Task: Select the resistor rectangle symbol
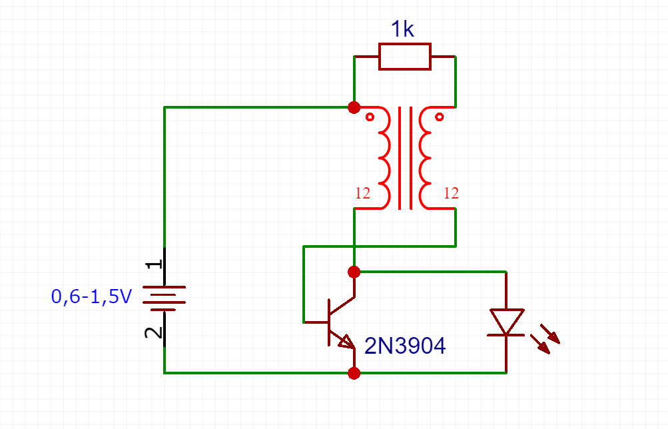pos(404,57)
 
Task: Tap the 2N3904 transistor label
pos(405,345)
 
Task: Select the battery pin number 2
pos(154,332)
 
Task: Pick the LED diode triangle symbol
pos(506,322)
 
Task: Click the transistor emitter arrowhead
pos(346,342)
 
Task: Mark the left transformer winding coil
pos(384,157)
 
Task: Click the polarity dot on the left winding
pos(370,118)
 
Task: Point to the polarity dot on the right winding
pos(439,118)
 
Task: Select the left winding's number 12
pos(363,194)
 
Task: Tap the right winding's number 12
pos(451,194)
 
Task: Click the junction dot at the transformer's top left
pos(354,107)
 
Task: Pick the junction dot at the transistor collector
pos(354,272)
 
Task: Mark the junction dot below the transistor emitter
pos(354,373)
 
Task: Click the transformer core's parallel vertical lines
pos(404,158)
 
